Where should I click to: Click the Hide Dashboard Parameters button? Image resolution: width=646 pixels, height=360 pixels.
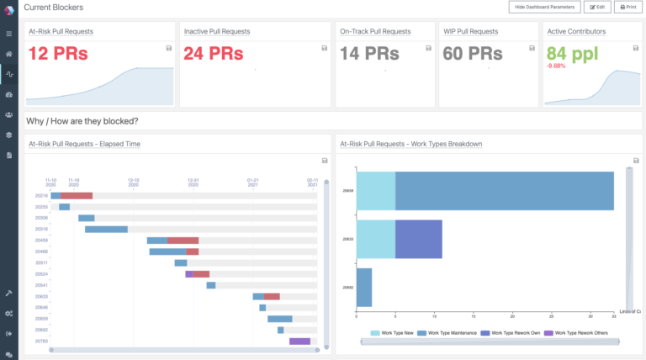click(x=544, y=7)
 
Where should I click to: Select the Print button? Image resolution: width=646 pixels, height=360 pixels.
click(x=627, y=7)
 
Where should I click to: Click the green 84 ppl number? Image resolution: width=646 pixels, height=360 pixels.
click(x=575, y=52)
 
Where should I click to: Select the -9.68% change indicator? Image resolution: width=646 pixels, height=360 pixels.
click(x=557, y=66)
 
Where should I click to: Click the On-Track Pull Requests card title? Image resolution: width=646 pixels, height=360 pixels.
click(x=375, y=31)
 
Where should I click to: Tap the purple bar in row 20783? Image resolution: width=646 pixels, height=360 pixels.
click(x=300, y=341)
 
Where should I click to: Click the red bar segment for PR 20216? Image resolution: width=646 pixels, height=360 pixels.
click(x=77, y=195)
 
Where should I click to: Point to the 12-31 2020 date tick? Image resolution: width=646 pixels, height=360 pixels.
click(x=193, y=183)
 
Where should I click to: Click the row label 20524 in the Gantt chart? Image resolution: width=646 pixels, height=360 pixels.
click(x=41, y=273)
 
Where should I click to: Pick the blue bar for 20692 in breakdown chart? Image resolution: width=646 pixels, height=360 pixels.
click(x=364, y=287)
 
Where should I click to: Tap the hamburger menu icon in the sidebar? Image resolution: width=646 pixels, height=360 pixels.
click(x=8, y=34)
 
